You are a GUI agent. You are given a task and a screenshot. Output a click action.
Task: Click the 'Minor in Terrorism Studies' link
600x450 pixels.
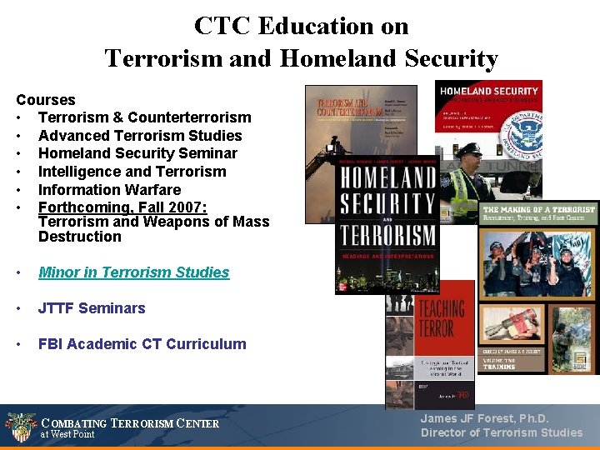pyautogui.click(x=133, y=272)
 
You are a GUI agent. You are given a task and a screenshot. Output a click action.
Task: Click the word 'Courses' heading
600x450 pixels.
pyautogui.click(x=46, y=100)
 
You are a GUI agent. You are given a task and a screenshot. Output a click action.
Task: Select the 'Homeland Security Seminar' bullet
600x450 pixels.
pyautogui.click(x=137, y=153)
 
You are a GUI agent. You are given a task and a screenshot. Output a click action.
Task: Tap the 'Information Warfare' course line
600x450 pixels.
pyautogui.click(x=109, y=189)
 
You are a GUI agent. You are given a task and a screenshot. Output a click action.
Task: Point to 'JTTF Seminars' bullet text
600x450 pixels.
pyautogui.click(x=92, y=308)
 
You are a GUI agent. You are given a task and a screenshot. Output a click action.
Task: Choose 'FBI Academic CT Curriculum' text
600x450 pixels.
pyautogui.click(x=142, y=344)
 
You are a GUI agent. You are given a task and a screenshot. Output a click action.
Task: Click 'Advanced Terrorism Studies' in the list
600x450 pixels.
pyautogui.click(x=140, y=136)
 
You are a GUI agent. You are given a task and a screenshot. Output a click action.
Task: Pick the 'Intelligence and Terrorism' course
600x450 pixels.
pyautogui.click(x=132, y=172)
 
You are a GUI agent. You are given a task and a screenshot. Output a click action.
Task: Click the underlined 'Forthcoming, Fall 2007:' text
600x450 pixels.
pyautogui.click(x=122, y=207)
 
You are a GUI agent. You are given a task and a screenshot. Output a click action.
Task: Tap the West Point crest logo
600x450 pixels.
pyautogui.click(x=20, y=427)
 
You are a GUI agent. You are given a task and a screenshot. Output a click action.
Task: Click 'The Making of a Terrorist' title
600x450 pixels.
pyautogui.click(x=538, y=209)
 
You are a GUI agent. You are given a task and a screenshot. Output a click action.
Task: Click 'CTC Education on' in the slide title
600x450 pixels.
pyautogui.click(x=301, y=26)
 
